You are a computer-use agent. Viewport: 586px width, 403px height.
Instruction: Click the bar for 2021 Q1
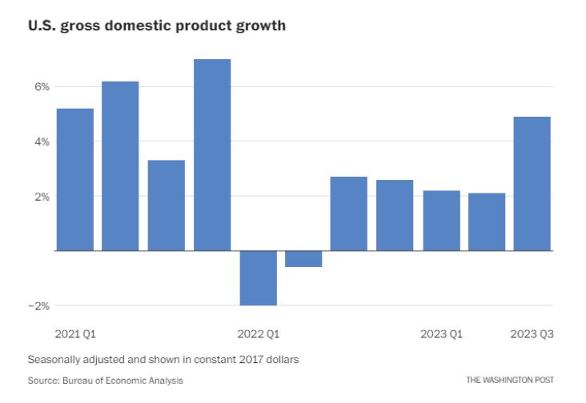[74, 179]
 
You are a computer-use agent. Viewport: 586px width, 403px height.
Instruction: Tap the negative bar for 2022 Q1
[258, 278]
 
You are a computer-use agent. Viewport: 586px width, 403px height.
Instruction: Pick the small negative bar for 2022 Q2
[303, 259]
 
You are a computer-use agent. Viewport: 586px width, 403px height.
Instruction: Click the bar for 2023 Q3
[532, 184]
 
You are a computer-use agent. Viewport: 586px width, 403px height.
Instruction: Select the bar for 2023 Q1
[441, 221]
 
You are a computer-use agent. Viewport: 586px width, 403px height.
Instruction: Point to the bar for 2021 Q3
[167, 205]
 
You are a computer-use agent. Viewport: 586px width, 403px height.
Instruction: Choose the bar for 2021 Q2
[120, 166]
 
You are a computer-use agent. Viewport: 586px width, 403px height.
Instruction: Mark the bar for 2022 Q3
[349, 213]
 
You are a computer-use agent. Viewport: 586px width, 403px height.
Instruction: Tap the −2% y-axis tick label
[39, 305]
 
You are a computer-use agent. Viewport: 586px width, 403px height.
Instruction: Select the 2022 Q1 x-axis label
[259, 333]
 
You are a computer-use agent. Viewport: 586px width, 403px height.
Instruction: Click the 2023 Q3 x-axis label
[532, 333]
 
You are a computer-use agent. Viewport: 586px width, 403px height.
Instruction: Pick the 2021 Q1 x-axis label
[74, 333]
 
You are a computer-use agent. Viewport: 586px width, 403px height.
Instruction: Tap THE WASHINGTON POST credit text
[510, 380]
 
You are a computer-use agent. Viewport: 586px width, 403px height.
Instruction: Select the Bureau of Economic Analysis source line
[105, 380]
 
